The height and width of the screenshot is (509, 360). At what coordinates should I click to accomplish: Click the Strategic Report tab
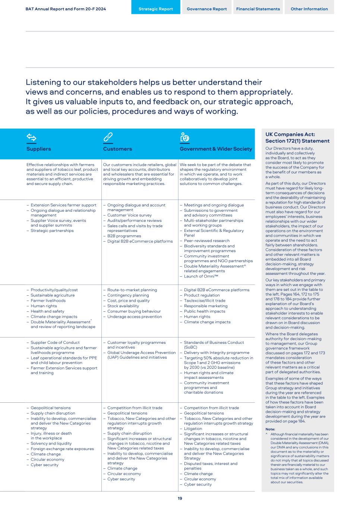click(x=156, y=9)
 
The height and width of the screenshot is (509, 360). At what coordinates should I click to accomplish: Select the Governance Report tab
click(x=207, y=9)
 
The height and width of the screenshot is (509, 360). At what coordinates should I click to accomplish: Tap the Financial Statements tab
click(x=258, y=9)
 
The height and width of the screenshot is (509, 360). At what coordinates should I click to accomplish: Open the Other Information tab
click(x=309, y=9)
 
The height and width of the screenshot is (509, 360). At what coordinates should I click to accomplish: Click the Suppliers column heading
click(x=39, y=149)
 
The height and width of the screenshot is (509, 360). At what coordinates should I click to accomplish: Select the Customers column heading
click(x=117, y=149)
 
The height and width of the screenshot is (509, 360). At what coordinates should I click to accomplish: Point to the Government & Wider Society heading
click(x=216, y=149)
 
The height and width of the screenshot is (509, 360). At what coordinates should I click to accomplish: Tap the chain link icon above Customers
click(x=108, y=137)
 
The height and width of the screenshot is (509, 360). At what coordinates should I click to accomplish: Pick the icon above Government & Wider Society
click(x=184, y=137)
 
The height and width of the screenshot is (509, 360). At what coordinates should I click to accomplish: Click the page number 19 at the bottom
click(x=180, y=499)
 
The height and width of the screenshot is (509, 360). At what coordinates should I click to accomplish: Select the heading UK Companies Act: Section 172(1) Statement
click(x=297, y=138)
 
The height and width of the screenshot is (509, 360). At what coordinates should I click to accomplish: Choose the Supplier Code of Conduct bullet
click(x=55, y=342)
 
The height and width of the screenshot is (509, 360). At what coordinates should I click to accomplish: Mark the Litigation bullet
click(x=193, y=428)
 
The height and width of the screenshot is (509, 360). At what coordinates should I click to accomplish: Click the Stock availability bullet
click(x=123, y=306)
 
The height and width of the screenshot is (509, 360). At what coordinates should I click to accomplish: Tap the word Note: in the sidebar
click(x=270, y=429)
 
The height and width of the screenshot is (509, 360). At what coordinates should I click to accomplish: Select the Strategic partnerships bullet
click(x=52, y=230)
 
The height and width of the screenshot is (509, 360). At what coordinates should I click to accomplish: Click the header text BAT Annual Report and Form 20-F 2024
click(x=66, y=9)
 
